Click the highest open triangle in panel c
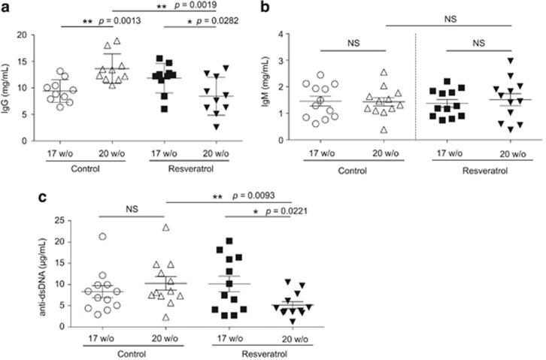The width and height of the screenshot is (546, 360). [x=165, y=227]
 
